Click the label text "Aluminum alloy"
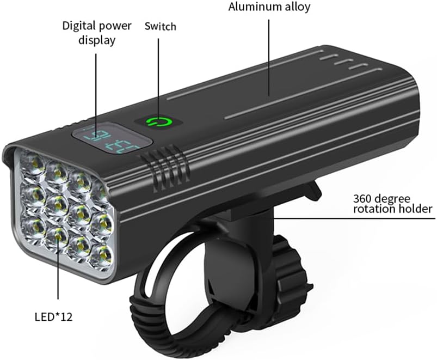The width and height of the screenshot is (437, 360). [268, 8]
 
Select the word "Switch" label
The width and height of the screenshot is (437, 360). [161, 26]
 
